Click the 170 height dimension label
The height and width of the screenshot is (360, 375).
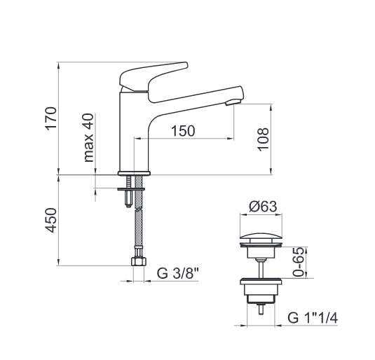tap(51, 118)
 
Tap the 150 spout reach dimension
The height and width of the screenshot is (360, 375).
tap(183, 131)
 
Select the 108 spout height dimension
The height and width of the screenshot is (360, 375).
tap(263, 139)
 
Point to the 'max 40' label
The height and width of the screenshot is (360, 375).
tap(88, 138)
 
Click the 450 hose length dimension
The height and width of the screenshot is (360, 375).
tap(51, 221)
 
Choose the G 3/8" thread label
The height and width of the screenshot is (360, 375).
tap(178, 273)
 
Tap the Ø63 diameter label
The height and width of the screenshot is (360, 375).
tap(263, 207)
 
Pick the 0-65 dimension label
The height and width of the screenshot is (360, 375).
tap(299, 262)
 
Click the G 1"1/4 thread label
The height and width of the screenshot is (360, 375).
tap(313, 318)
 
